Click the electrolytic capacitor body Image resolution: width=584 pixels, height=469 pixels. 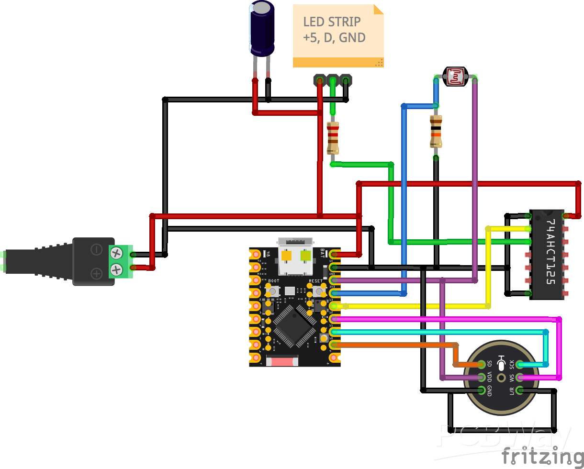click(x=261, y=29)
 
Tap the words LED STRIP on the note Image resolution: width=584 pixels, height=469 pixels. click(x=332, y=22)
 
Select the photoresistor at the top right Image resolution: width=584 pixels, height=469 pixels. click(x=455, y=77)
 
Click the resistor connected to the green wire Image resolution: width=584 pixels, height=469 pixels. click(x=333, y=138)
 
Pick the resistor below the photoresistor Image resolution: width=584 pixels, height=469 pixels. click(x=436, y=132)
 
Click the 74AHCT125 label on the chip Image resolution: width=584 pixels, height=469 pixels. click(x=550, y=252)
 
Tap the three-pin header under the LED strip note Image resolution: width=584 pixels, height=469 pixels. click(x=332, y=80)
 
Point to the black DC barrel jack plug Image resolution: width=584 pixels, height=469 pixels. click(x=38, y=261)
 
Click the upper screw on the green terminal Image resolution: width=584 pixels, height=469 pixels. click(x=116, y=252)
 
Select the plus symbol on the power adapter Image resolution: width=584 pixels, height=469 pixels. click(x=97, y=273)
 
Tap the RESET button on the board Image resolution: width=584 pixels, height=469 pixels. click(x=316, y=290)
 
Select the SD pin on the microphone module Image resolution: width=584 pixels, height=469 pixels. click(x=480, y=365)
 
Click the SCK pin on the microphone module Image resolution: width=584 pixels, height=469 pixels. click(x=520, y=365)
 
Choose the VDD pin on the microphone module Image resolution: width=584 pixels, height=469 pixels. click(x=480, y=378)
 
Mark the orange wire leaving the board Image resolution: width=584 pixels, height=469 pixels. click(x=393, y=344)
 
